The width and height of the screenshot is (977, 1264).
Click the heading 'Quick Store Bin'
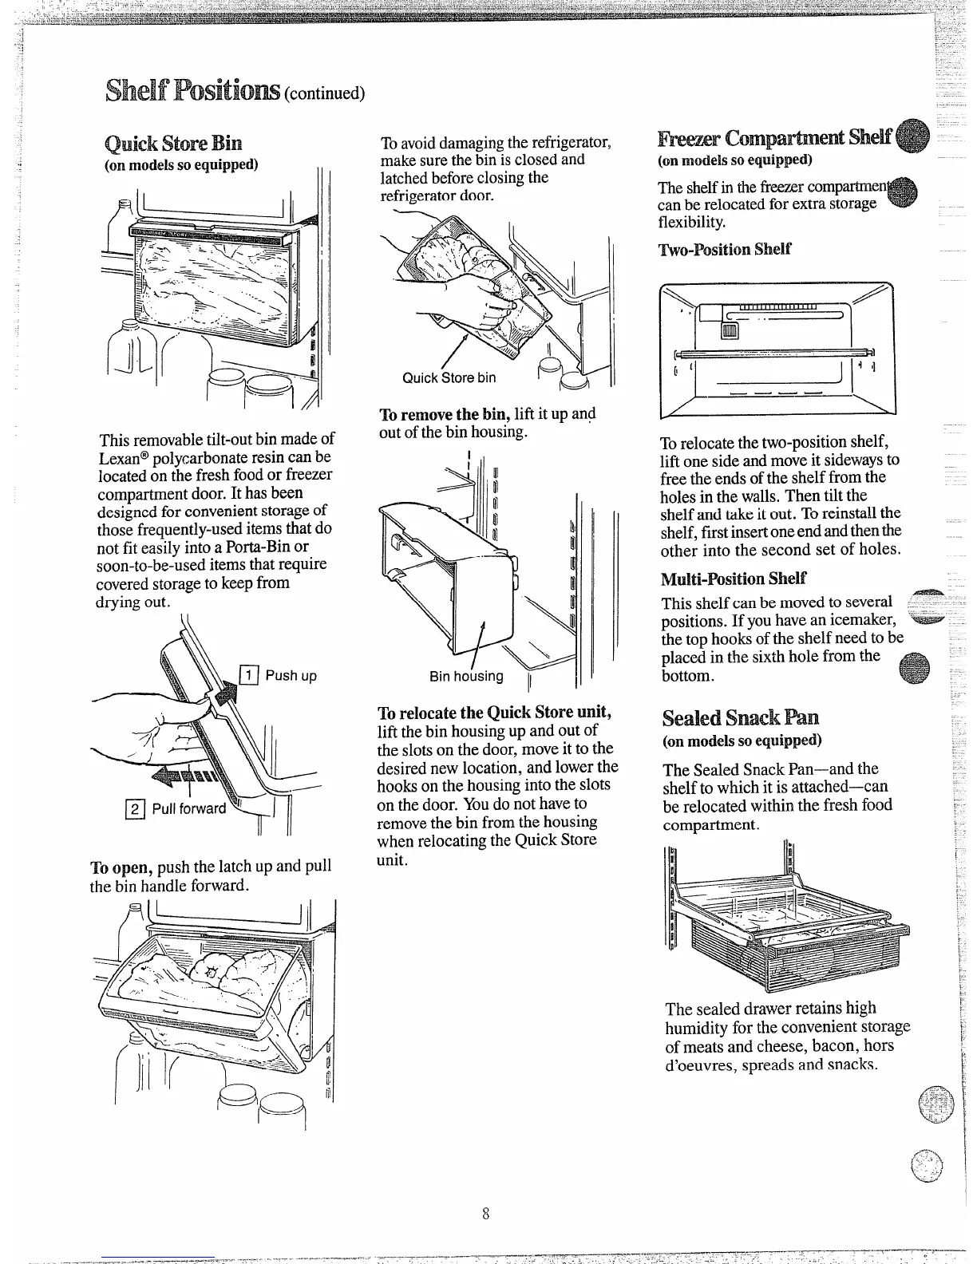(173, 144)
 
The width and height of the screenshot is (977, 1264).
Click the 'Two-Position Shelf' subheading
(725, 249)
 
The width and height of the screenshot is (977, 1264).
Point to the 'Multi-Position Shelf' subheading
(734, 578)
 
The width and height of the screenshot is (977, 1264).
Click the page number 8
(485, 1215)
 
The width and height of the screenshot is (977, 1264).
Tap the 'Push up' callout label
(291, 676)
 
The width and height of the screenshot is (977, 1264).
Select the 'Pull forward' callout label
(188, 808)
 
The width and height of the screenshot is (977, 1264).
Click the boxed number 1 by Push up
(248, 676)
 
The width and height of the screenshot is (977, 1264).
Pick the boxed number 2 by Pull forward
(136, 808)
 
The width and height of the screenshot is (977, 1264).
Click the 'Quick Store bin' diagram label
(449, 377)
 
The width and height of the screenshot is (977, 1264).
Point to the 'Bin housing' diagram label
(466, 677)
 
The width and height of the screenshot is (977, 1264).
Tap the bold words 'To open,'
(122, 867)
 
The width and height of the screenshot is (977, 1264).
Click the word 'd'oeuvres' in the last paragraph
(698, 1065)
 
